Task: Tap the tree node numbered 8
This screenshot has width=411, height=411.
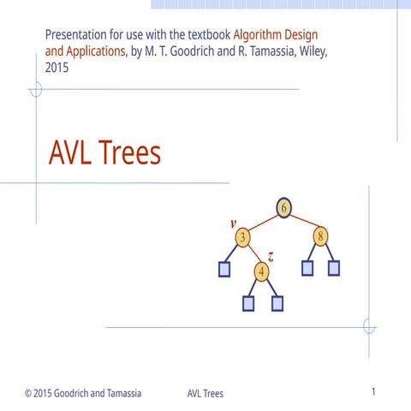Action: pos(321,235)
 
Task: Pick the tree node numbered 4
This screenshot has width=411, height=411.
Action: pos(262,271)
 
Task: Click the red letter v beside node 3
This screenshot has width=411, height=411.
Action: pos(233,223)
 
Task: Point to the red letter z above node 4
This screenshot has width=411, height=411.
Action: pos(271,256)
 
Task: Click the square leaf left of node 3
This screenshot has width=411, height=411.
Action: pos(224,269)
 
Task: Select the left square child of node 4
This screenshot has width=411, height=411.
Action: pos(248,302)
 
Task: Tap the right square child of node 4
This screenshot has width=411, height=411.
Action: pos(276,302)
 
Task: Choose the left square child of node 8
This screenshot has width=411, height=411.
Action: pos(307,268)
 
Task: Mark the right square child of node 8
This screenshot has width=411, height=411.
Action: pos(334,268)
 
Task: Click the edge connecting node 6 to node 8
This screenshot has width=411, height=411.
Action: pos(304,222)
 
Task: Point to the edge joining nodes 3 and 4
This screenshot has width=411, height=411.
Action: pos(253,254)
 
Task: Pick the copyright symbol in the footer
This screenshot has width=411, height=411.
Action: pos(29,394)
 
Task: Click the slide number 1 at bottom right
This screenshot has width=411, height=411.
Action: pos(374,392)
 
